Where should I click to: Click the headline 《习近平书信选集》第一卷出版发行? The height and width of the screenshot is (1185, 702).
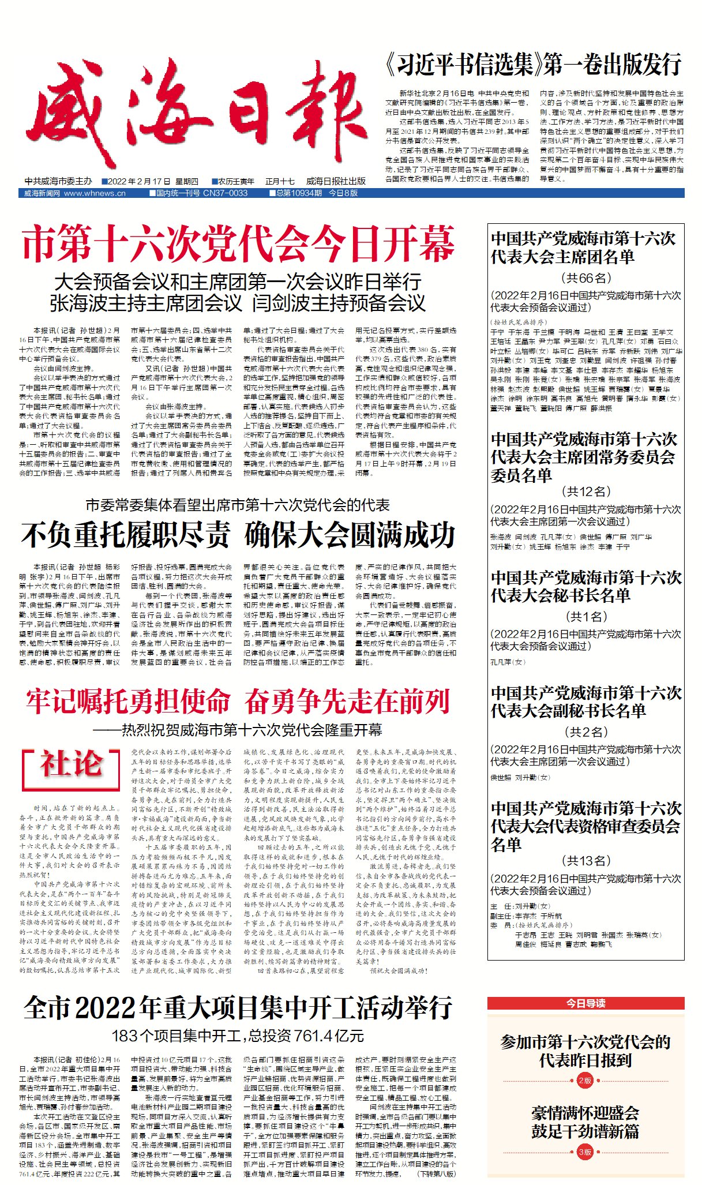(534, 65)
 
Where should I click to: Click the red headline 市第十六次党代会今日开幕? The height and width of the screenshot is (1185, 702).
(238, 245)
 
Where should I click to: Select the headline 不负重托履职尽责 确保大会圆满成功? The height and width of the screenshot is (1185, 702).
(238, 535)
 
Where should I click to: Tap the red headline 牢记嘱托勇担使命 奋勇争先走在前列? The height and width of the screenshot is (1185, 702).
(238, 702)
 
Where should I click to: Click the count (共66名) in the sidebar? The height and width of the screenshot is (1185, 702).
(585, 278)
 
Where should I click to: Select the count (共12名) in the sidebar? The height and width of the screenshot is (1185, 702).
(585, 492)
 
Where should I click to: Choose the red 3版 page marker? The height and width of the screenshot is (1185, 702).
(585, 1152)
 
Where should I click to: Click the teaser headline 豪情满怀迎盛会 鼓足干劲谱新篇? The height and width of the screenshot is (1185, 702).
(585, 1122)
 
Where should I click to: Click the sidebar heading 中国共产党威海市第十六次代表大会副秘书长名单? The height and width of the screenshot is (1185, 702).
(585, 702)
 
